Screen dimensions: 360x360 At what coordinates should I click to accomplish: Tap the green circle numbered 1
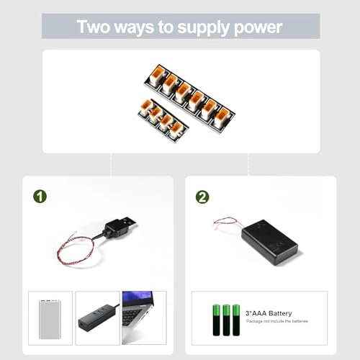point(40,195)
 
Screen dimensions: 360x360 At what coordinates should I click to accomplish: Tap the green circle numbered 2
point(203,195)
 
